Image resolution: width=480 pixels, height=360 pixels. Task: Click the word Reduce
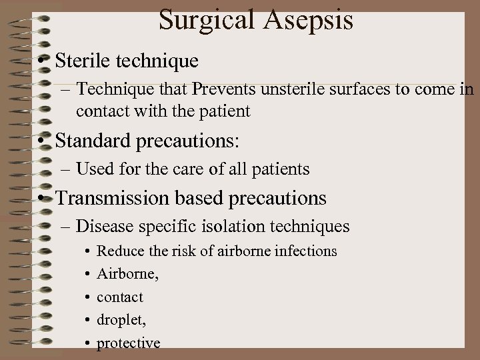118,251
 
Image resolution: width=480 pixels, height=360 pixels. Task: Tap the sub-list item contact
120,297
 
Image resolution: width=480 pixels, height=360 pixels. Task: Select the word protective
129,343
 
